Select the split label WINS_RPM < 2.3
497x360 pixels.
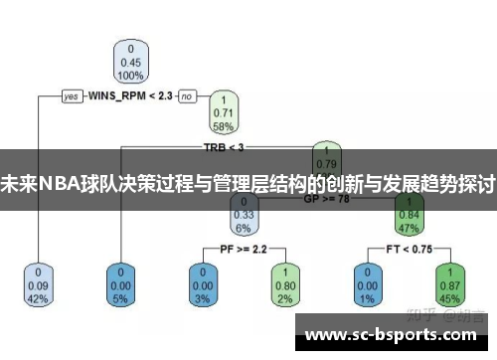[x=130, y=96]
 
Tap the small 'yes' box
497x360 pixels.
[x=72, y=96]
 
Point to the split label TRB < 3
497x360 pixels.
[x=224, y=147]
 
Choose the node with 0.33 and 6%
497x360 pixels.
[x=244, y=213]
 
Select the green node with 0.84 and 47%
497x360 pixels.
[x=407, y=213]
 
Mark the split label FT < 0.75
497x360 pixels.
[x=407, y=248]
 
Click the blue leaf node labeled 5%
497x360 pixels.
[x=121, y=284]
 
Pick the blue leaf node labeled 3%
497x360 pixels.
[x=203, y=284]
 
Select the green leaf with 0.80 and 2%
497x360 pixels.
[x=284, y=284]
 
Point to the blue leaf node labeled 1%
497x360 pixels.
[x=366, y=284]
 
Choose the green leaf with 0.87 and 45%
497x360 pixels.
[x=447, y=284]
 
